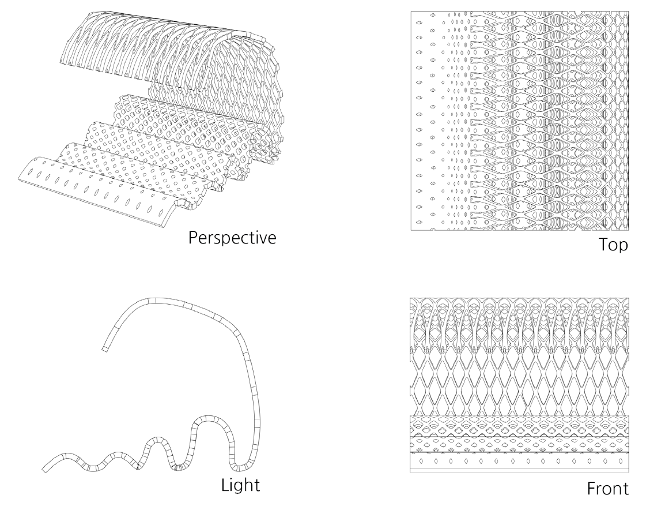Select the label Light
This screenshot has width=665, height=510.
tap(241, 485)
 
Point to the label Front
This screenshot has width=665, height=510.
tap(608, 489)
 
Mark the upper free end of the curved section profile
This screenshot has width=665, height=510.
tap(105, 348)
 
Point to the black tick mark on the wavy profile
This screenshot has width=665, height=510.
tap(138, 465)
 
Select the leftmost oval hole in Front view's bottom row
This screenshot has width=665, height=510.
tap(422, 462)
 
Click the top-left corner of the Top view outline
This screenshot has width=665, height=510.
tap(411, 12)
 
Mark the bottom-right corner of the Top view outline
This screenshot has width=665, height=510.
tap(629, 231)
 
